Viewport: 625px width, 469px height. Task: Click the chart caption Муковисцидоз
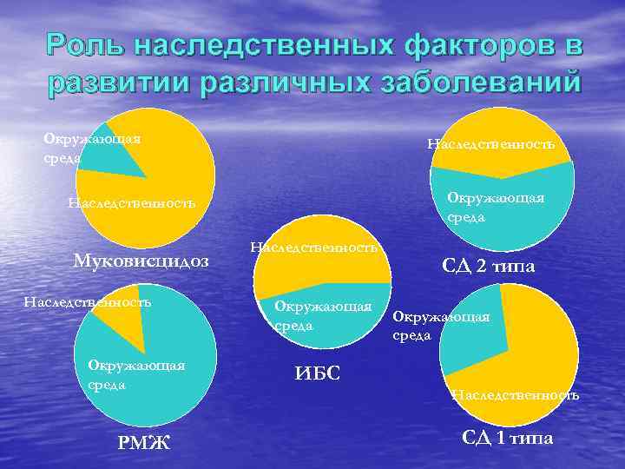(141, 261)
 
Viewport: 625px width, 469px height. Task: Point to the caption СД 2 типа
(489, 266)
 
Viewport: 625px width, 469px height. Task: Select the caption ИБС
(318, 373)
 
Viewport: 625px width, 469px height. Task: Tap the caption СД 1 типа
(507, 438)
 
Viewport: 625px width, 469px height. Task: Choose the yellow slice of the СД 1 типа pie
(538, 347)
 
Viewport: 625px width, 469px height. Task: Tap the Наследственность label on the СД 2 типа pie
(491, 143)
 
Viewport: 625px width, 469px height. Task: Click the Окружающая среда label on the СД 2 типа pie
(496, 207)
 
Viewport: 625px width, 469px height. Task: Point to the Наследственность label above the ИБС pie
(313, 248)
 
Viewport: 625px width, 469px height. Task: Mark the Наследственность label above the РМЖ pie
(88, 302)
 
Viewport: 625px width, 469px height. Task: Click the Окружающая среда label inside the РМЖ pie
(136, 374)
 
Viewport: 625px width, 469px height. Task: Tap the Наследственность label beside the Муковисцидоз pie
(131, 203)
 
